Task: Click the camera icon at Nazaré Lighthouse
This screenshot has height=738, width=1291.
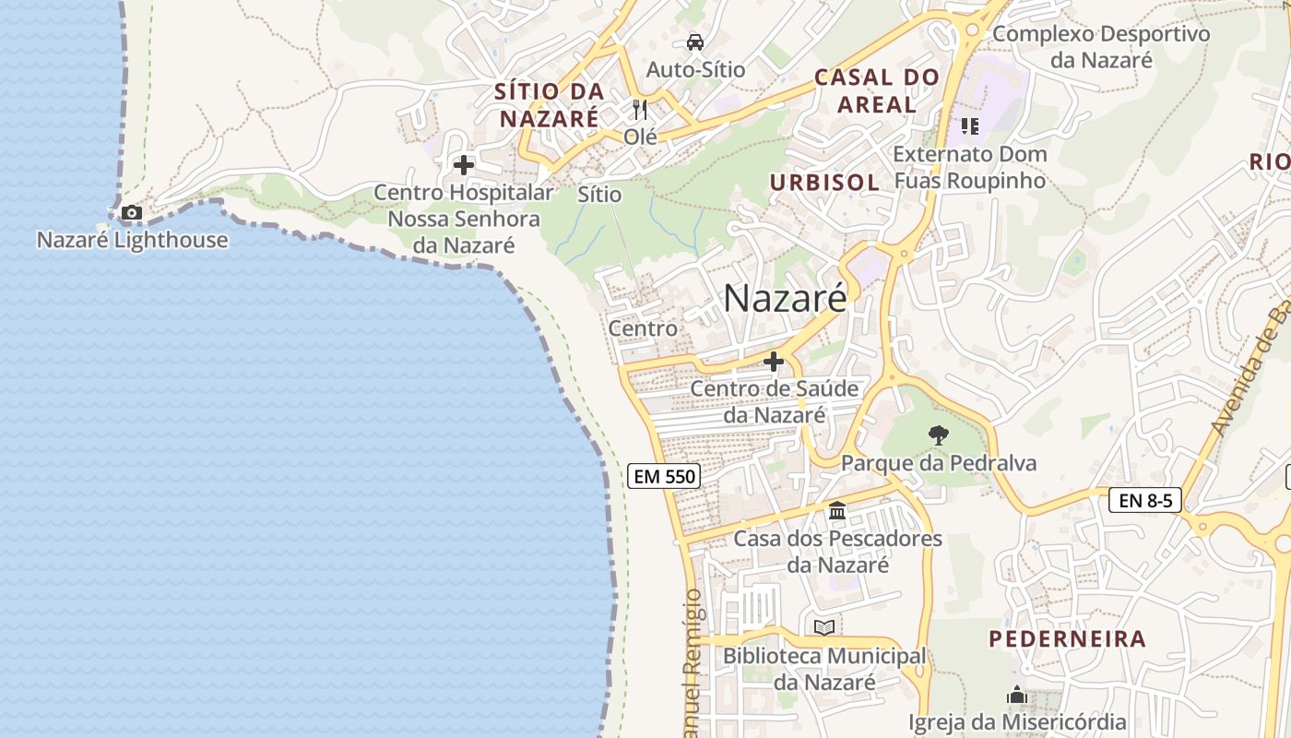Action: [132, 213]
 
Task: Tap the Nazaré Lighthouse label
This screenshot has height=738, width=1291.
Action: [132, 240]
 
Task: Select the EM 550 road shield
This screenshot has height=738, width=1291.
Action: [664, 476]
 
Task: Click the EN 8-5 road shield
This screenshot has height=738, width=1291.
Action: [1144, 500]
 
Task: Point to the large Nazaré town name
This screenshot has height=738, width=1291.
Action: [785, 298]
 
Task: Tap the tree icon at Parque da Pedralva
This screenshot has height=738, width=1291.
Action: [939, 434]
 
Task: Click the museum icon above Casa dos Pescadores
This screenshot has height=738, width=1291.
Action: [837, 510]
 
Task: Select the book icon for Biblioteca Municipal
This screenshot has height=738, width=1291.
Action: [824, 628]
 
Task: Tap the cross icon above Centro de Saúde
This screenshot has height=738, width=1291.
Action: [774, 362]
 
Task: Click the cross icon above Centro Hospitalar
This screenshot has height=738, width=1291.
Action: [464, 165]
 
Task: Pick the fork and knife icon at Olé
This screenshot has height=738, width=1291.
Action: [640, 110]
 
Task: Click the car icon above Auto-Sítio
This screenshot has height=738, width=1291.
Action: [695, 42]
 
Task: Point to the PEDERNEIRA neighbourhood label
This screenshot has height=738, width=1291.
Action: [1067, 638]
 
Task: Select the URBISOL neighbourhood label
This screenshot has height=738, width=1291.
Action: [824, 183]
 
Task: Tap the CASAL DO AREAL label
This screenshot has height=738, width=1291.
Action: [877, 90]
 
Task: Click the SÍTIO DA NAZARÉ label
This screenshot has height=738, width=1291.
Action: [550, 105]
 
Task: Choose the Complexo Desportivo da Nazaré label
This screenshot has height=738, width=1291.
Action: [1101, 47]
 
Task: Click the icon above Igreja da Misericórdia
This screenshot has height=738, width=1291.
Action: [1017, 695]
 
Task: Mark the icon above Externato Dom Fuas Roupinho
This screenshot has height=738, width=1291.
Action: [969, 125]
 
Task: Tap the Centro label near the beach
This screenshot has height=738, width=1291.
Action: [643, 328]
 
